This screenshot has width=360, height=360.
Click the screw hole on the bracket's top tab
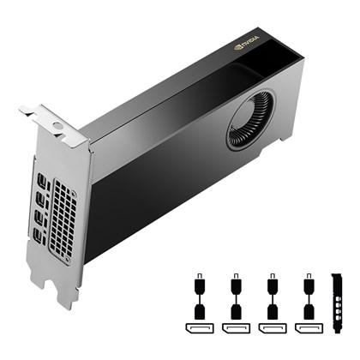pyautogui.click(x=57, y=126)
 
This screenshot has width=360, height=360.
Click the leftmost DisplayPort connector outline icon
pyautogui.click(x=196, y=328)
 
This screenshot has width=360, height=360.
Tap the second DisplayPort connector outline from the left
pyautogui.click(x=233, y=328)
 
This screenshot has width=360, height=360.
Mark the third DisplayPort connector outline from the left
pyautogui.click(x=271, y=328)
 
